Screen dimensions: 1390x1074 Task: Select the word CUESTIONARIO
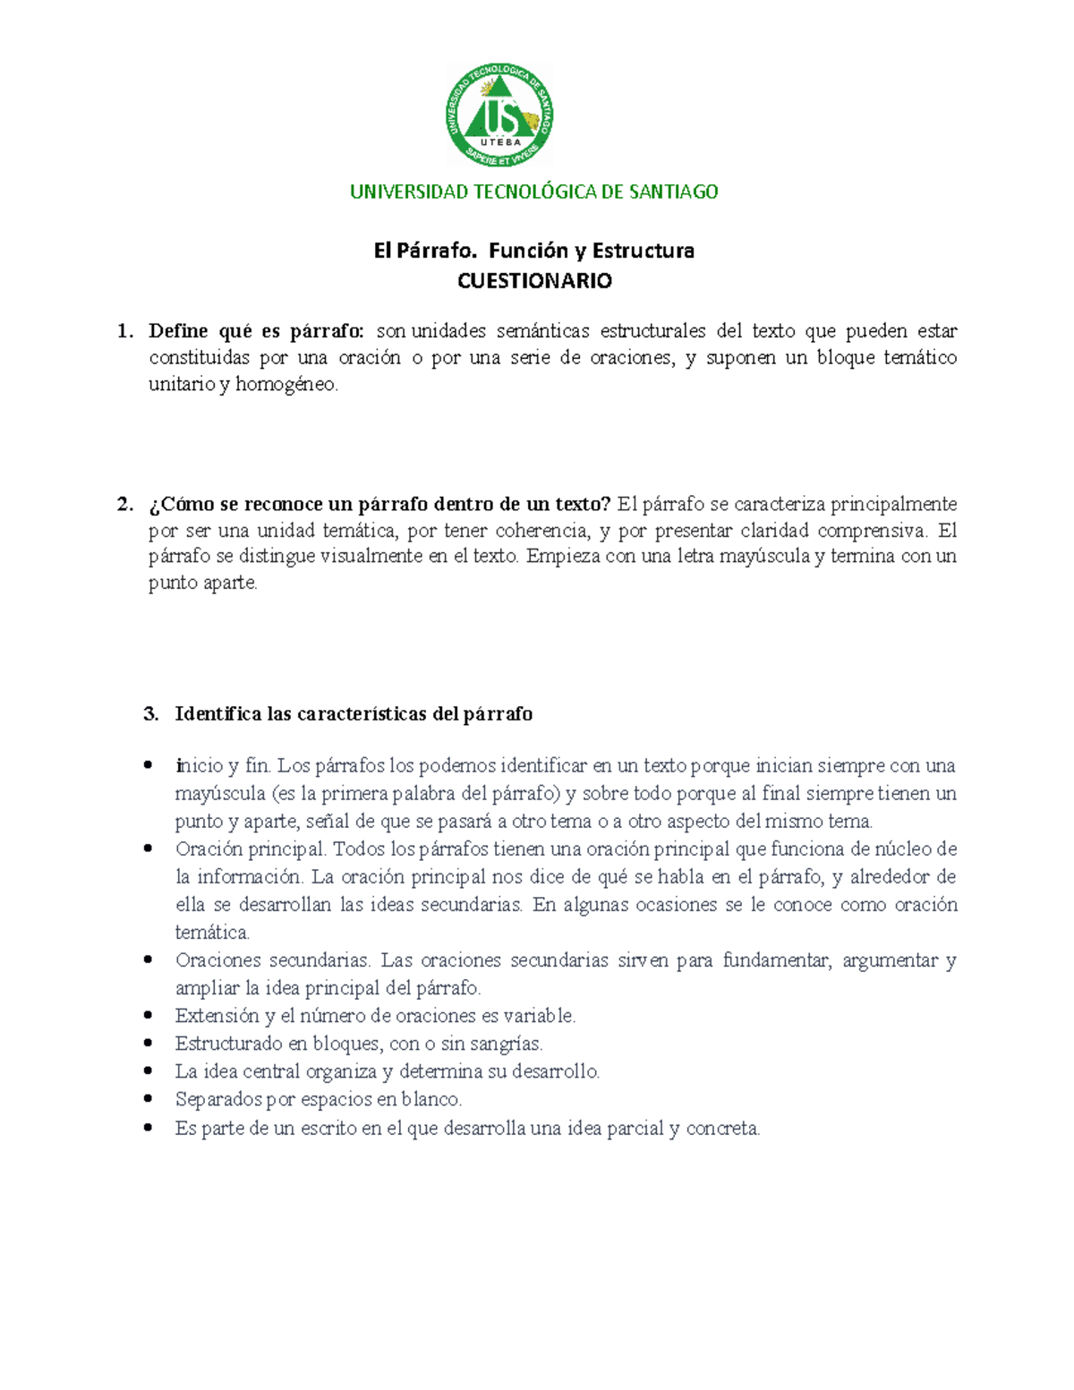tap(534, 281)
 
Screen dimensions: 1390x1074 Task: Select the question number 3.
tap(150, 714)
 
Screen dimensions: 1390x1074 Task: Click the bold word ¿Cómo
tap(182, 504)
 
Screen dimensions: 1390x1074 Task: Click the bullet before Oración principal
tap(149, 848)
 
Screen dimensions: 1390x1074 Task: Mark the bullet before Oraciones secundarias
tap(149, 959)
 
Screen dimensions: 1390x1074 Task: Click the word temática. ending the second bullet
tap(212, 933)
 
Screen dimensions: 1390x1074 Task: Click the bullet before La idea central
tap(149, 1070)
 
